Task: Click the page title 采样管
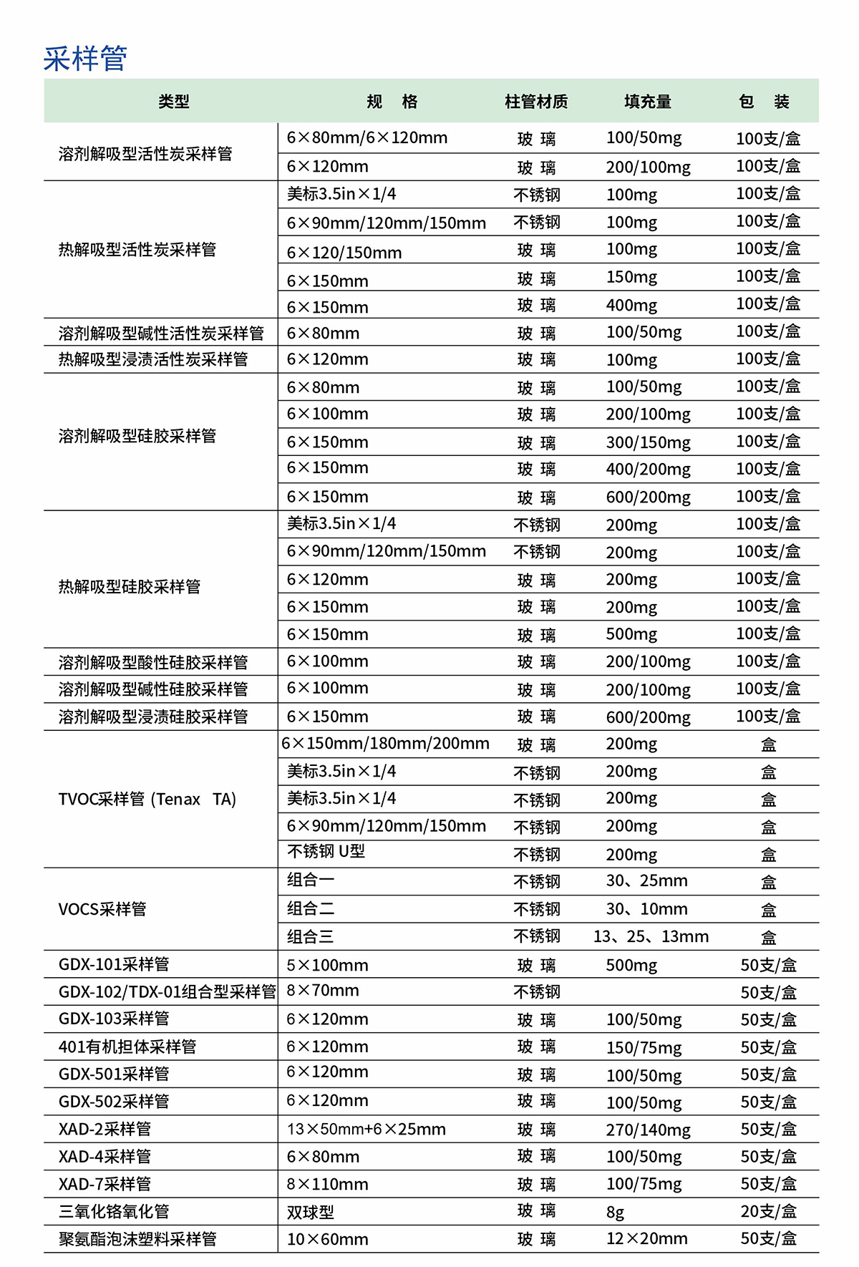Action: click(85, 59)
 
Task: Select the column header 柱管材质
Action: click(536, 102)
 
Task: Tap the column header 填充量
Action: click(648, 102)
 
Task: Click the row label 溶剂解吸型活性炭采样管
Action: click(145, 154)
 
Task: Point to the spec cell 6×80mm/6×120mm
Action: click(367, 137)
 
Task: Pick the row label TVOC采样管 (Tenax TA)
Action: click(147, 799)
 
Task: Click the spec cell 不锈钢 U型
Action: click(326, 852)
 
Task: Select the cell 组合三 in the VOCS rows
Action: click(311, 936)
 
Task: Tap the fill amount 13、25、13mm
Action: click(651, 936)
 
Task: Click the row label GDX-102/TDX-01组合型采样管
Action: click(167, 991)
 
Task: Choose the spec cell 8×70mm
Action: click(323, 991)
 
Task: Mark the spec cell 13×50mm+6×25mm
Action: click(366, 1129)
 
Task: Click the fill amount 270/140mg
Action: click(648, 1130)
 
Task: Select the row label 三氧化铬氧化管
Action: click(114, 1211)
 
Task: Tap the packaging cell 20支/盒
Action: click(768, 1211)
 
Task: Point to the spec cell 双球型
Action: click(311, 1212)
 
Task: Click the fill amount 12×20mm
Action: click(646, 1238)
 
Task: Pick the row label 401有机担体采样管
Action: click(127, 1047)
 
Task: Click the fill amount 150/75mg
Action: click(644, 1047)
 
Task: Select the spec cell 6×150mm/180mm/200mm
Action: click(385, 743)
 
